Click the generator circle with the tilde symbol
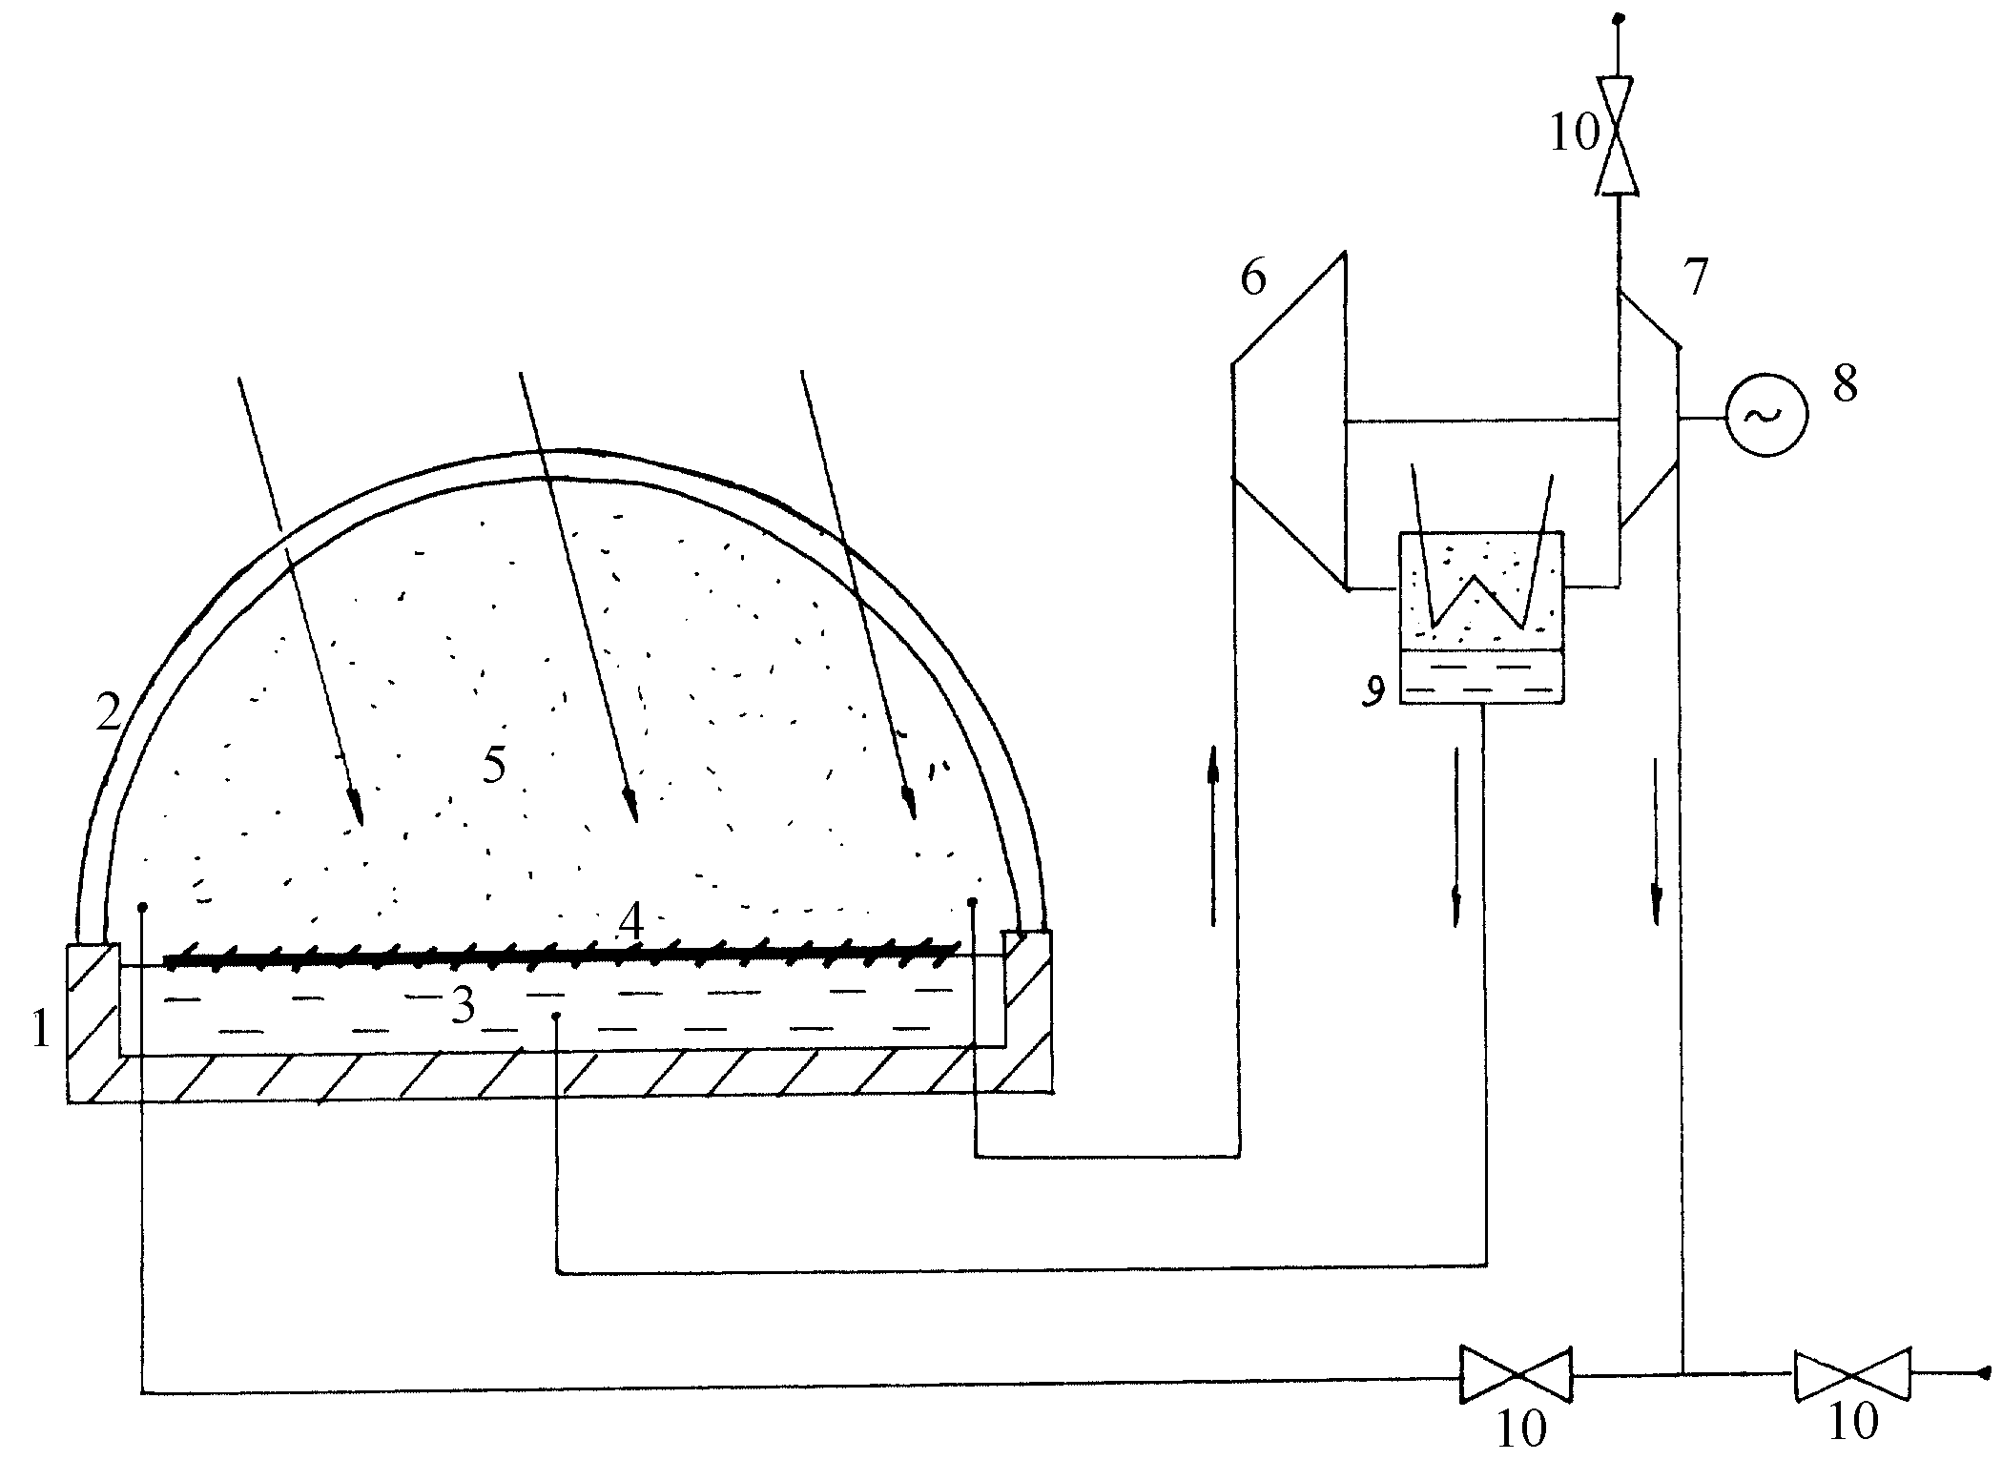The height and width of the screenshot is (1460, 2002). click(x=1765, y=416)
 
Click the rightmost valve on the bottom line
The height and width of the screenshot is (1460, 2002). click(x=1851, y=1374)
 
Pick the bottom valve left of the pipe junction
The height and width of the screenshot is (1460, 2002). click(x=1516, y=1375)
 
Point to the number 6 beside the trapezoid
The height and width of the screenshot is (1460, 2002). click(x=1254, y=278)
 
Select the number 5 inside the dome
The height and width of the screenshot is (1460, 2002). click(x=494, y=766)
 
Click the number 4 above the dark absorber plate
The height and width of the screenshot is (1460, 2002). click(x=631, y=920)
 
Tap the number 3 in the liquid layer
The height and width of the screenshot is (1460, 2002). click(x=464, y=1005)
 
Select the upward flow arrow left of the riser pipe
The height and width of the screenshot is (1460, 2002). click(x=1213, y=835)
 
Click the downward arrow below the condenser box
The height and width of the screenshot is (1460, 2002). click(x=1455, y=837)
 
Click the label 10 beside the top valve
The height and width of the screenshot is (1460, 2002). click(x=1574, y=134)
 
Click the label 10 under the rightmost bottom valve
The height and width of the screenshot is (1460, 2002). click(x=1853, y=1422)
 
